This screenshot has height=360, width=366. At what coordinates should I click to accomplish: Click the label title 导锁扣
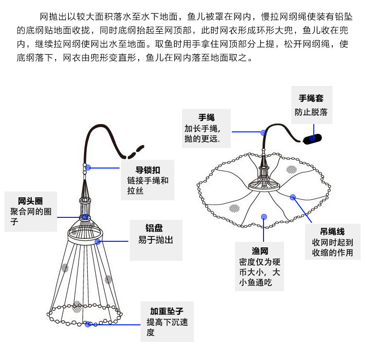[x=146, y=170]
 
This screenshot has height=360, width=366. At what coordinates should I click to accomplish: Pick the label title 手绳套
[x=311, y=98]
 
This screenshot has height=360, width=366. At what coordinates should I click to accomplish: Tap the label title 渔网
[x=260, y=251]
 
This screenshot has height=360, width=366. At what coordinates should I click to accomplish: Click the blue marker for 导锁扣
[x=88, y=168]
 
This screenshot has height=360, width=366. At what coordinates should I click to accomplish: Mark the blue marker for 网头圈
[x=85, y=216]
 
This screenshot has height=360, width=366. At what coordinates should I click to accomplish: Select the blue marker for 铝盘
[x=98, y=241]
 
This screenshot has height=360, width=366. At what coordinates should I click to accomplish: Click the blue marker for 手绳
[x=263, y=132]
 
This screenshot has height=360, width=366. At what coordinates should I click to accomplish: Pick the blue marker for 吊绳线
[x=293, y=197]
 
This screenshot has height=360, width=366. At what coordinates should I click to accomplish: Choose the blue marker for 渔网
[x=264, y=216]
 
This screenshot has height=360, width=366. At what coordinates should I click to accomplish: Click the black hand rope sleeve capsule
[x=312, y=139]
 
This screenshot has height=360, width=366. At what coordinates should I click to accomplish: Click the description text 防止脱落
[x=311, y=112]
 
